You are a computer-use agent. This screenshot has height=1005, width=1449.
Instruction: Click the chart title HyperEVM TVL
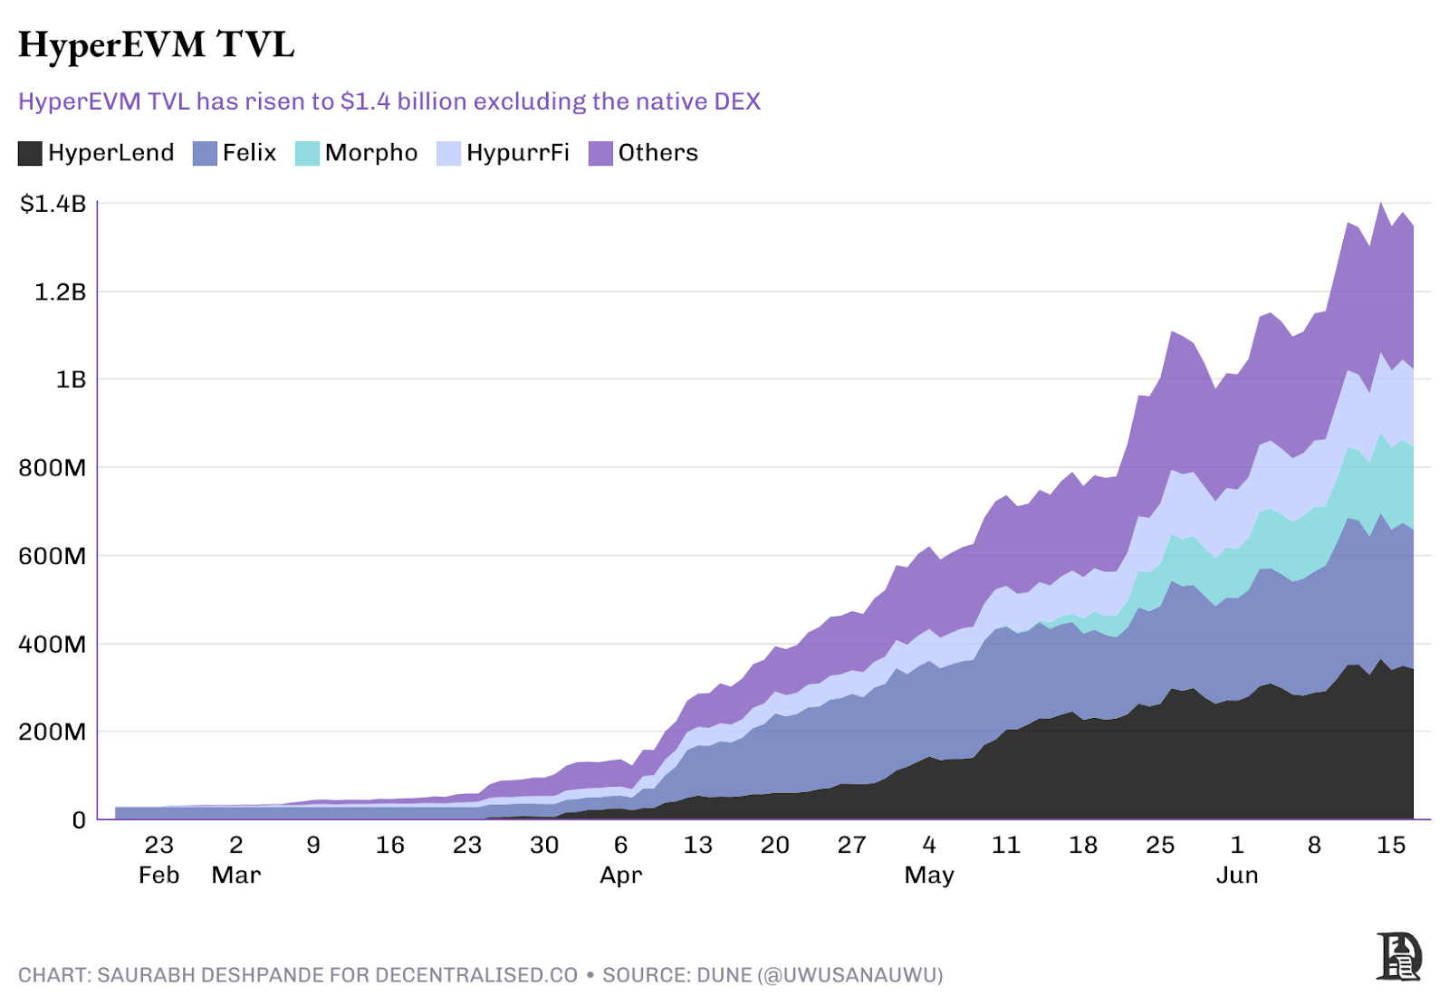click(157, 44)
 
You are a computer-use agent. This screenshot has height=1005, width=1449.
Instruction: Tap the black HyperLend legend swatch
click(30, 153)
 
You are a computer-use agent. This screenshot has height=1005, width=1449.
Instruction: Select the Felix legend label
click(249, 153)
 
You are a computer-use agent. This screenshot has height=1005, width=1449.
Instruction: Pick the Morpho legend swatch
click(307, 153)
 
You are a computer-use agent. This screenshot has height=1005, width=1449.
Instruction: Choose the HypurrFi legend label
click(518, 153)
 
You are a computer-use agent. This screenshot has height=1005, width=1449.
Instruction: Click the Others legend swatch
click(600, 153)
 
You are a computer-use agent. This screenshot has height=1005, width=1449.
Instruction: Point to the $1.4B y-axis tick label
click(53, 204)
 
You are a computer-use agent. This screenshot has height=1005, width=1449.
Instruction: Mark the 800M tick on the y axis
click(53, 468)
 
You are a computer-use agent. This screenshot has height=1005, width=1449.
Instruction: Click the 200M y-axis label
click(53, 732)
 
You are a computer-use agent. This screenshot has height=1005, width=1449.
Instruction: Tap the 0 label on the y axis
click(79, 820)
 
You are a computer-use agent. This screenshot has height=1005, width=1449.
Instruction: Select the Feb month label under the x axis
click(158, 876)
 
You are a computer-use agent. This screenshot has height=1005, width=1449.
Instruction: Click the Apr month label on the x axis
click(621, 876)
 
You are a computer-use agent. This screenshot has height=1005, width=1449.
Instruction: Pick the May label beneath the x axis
click(929, 876)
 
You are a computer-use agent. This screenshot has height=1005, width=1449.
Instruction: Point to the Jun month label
click(1237, 876)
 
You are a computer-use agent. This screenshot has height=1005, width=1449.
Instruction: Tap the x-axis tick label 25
click(1160, 845)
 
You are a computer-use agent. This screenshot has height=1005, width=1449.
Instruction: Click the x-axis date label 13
click(697, 845)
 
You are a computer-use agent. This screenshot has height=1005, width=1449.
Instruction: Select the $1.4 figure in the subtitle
click(365, 101)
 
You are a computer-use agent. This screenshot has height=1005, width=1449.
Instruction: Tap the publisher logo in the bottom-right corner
click(1398, 956)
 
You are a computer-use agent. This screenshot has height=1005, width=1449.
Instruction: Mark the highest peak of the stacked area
click(1381, 203)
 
